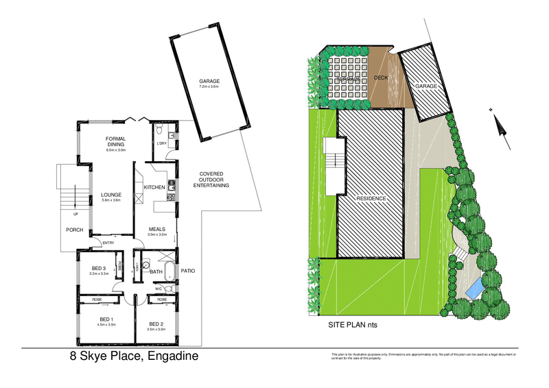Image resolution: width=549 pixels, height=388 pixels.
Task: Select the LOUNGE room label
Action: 112,195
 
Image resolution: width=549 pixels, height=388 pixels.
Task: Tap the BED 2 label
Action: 156,324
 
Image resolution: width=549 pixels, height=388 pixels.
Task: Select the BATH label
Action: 156,272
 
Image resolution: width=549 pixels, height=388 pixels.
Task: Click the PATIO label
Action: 188,271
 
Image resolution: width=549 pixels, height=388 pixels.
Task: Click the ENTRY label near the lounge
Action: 108,243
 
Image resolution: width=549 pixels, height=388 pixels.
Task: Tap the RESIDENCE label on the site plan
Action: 371,198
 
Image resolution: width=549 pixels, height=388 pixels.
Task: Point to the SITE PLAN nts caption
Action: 355,325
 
